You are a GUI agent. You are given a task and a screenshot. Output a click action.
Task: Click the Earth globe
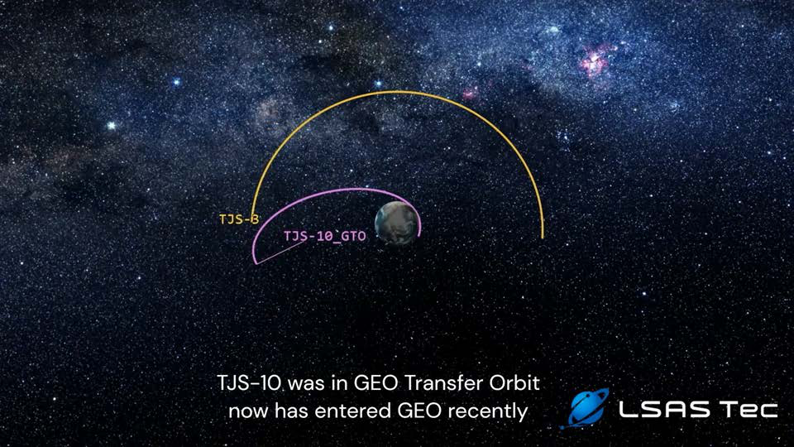(x=398, y=223)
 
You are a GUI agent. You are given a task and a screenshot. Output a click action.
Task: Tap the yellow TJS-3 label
(x=239, y=219)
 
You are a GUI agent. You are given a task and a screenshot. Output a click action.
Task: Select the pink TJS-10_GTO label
(x=324, y=236)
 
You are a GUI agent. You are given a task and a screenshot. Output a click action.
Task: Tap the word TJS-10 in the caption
(x=249, y=382)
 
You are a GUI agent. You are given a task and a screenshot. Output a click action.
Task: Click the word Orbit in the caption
(x=514, y=382)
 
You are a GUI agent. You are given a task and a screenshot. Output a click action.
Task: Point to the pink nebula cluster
(x=597, y=60)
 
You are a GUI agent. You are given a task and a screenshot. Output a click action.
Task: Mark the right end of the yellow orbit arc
(x=543, y=238)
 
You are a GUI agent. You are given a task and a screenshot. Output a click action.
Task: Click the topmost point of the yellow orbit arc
(x=398, y=92)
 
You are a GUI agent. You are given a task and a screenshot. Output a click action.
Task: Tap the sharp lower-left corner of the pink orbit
(x=256, y=263)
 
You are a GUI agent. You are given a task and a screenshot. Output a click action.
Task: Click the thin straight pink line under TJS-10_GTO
(x=282, y=252)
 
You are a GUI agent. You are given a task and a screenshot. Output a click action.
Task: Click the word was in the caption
(x=306, y=383)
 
